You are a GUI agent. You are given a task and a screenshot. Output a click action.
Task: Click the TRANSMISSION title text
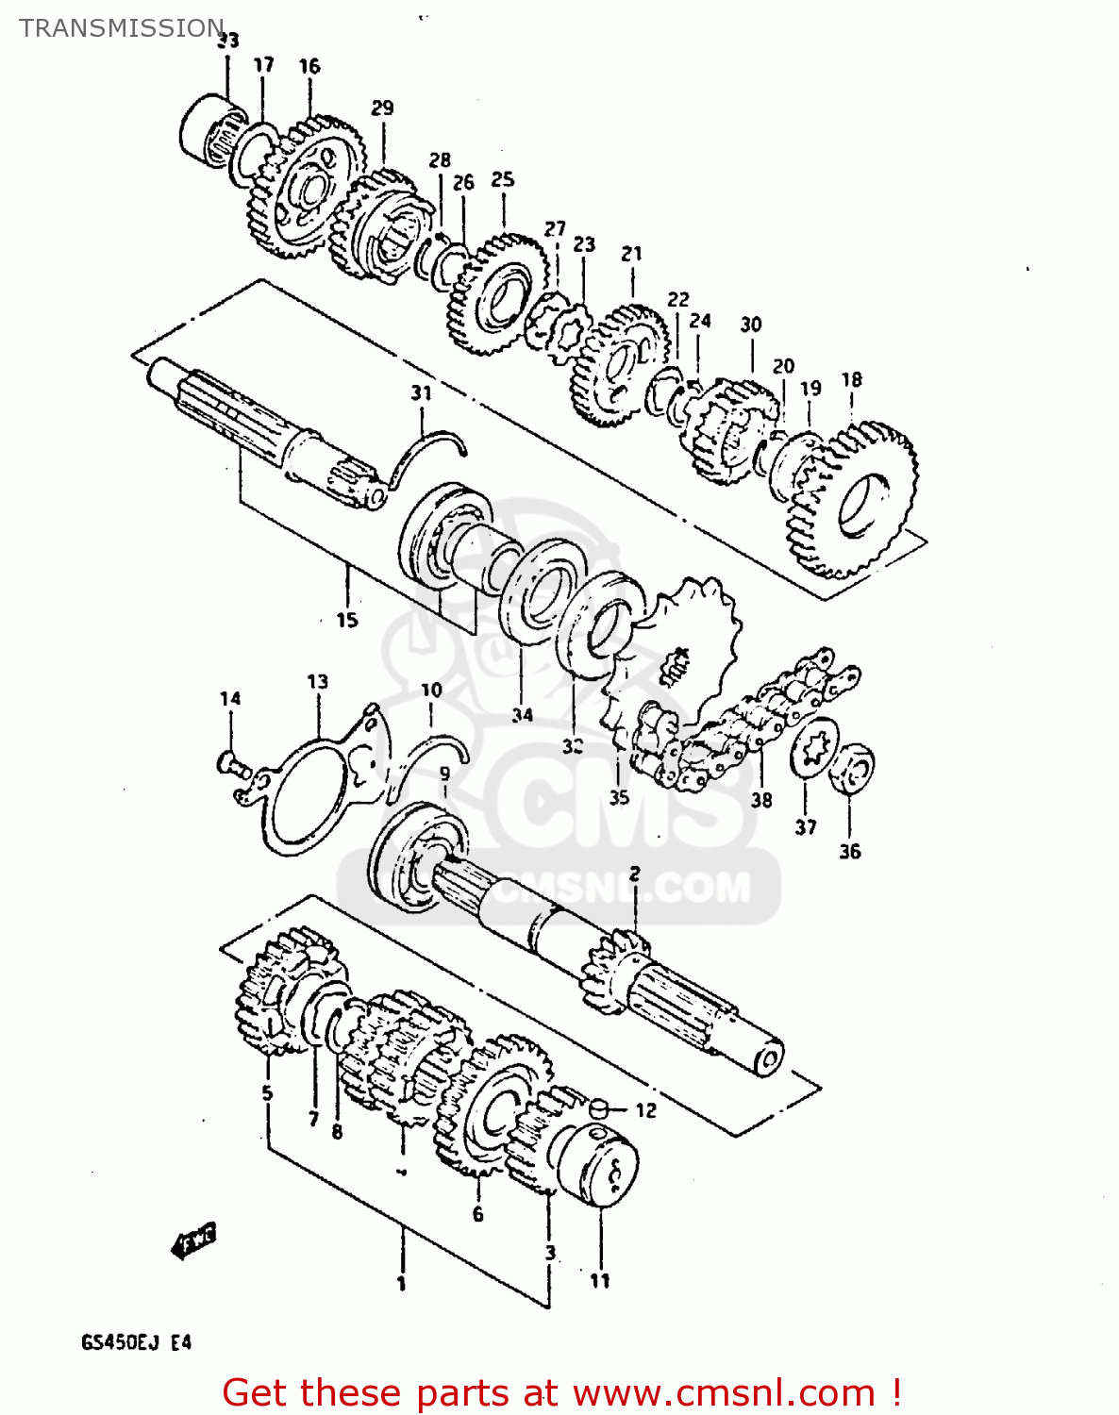pos(122,28)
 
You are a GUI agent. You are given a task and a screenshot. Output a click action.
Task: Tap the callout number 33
pos(227,41)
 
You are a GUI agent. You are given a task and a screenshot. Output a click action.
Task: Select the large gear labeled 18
pos(854,500)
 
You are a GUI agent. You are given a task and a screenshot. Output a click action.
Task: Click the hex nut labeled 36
pos(853,768)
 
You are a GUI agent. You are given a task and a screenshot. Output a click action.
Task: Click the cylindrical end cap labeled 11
pos(596,1164)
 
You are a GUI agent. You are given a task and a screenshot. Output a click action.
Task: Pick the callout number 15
pos(347,620)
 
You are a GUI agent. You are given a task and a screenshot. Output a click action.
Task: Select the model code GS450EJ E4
pos(136,1341)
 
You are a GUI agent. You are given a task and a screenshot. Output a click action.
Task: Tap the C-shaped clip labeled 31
pos(425,453)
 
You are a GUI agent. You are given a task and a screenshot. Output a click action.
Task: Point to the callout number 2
pos(635,874)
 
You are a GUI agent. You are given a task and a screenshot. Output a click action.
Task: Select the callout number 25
pos(503,179)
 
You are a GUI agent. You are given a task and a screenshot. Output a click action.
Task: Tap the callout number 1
pos(401,1283)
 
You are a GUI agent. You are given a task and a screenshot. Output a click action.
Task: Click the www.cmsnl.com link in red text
pos(724,1392)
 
